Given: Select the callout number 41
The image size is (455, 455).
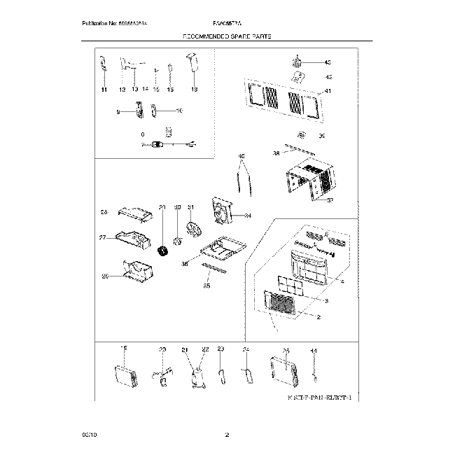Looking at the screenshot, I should [328, 91].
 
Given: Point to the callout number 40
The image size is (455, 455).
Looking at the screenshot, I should [242, 156].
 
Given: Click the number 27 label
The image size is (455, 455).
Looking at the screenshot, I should [102, 237].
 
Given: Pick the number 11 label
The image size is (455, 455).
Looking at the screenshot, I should [104, 90].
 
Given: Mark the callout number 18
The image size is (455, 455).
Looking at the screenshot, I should [195, 90].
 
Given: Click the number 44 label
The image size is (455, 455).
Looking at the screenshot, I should [313, 350].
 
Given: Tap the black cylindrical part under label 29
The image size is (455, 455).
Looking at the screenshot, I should [164, 251].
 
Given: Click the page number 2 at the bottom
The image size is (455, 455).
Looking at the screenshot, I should [227, 436].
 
